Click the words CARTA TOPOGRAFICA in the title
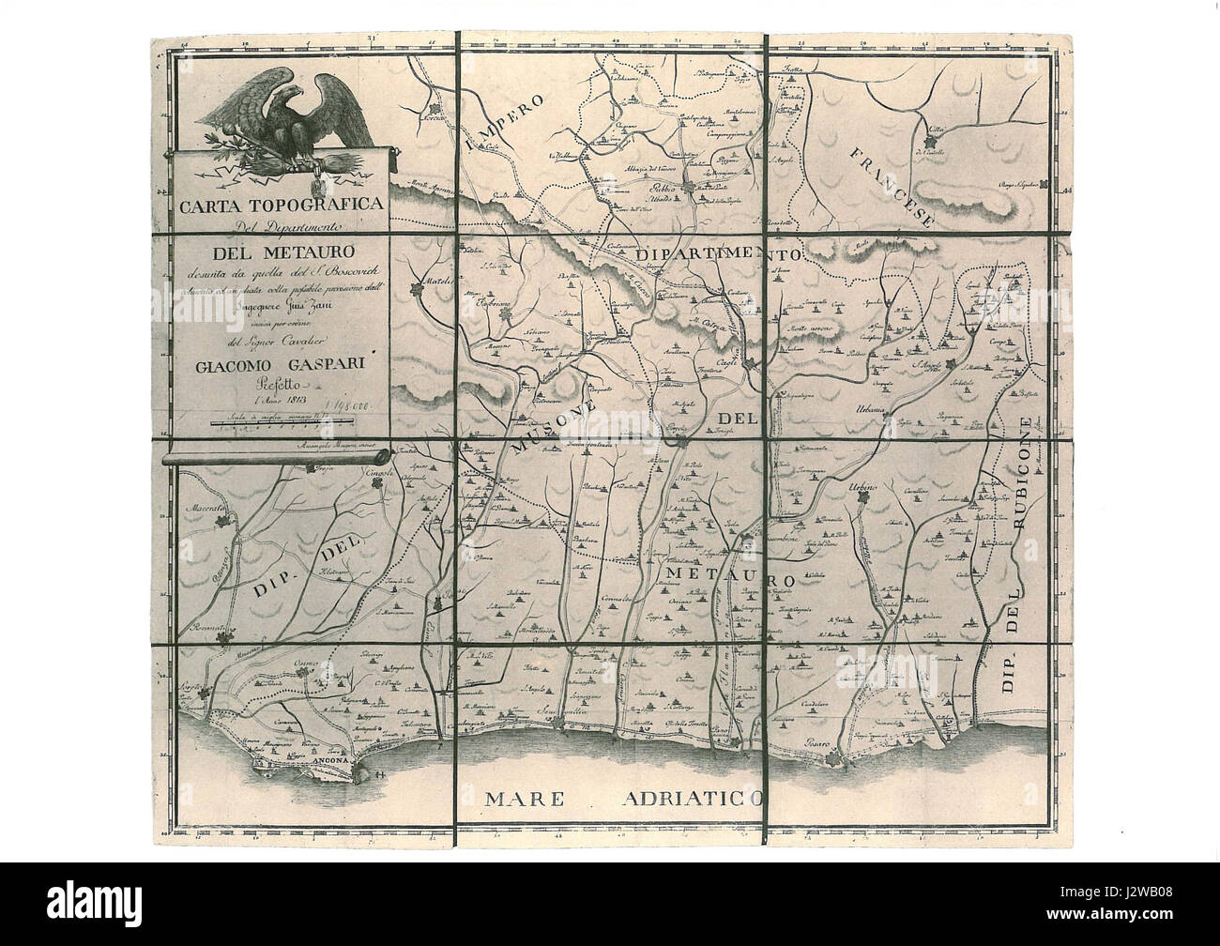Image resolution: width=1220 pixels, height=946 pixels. pos(279,204)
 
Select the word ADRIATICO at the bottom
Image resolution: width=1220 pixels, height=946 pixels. pos(692,800)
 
